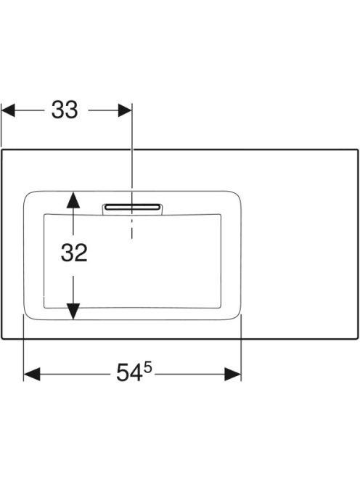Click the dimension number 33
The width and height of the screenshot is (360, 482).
click(x=65, y=110)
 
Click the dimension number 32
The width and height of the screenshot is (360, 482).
click(x=74, y=253)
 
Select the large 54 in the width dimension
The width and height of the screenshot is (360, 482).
click(x=129, y=372)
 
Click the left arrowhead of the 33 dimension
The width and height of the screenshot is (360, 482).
click(x=8, y=110)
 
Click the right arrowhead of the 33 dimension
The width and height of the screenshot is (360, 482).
click(x=125, y=110)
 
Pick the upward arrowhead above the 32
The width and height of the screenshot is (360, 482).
click(x=73, y=200)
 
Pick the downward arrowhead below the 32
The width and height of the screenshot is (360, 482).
click(x=73, y=311)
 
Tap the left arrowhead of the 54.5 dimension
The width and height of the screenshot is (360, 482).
click(x=32, y=374)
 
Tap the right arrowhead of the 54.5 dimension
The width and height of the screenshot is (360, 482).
click(x=233, y=374)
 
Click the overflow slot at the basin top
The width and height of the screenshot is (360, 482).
click(x=133, y=207)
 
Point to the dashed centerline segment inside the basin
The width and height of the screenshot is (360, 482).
click(x=132, y=226)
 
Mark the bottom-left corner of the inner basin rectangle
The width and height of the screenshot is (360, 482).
click(x=44, y=307)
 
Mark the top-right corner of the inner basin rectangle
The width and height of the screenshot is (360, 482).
click(x=221, y=214)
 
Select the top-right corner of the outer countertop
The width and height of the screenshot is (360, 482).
click(x=358, y=150)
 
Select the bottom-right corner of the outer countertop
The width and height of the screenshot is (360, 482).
click(x=358, y=338)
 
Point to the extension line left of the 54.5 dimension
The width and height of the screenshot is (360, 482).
click(x=24, y=348)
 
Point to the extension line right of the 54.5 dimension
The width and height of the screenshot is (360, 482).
click(x=241, y=348)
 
